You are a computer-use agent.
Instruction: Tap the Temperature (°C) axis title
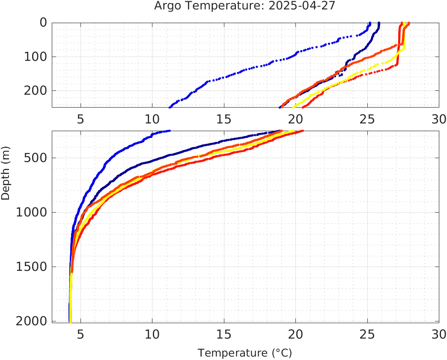(245, 353)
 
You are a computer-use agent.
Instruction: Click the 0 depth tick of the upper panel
(43, 23)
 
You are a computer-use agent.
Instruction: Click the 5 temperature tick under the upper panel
(80, 119)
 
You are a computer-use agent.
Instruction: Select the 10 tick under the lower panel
(152, 334)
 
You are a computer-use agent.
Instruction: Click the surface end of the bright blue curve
(370, 23)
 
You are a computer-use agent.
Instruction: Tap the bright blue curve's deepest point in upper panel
(170, 107)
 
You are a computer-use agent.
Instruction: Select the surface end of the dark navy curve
(379, 23)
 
